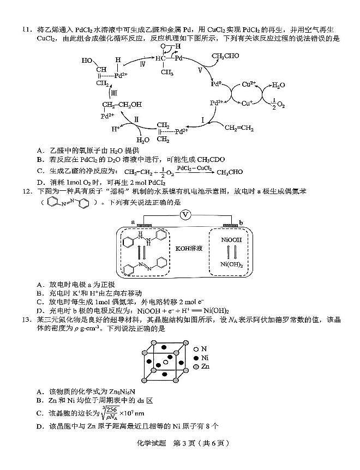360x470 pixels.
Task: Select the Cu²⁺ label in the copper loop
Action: pos(249,85)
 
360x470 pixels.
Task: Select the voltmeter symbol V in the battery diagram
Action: pos(185,214)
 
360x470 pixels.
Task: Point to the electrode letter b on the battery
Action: pos(240,221)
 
